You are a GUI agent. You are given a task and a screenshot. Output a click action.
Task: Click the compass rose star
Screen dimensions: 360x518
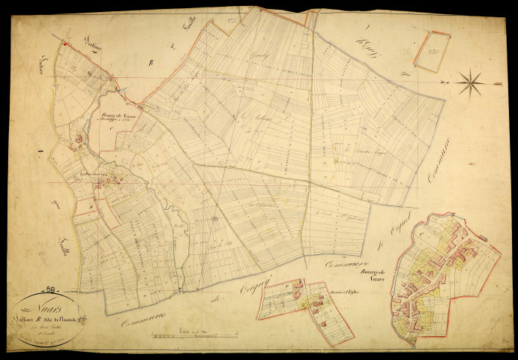tap(470, 82)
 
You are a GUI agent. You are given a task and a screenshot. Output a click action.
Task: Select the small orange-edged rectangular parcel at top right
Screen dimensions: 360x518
tap(432, 51)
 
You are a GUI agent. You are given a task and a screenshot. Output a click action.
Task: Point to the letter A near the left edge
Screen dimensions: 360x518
tap(37, 151)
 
